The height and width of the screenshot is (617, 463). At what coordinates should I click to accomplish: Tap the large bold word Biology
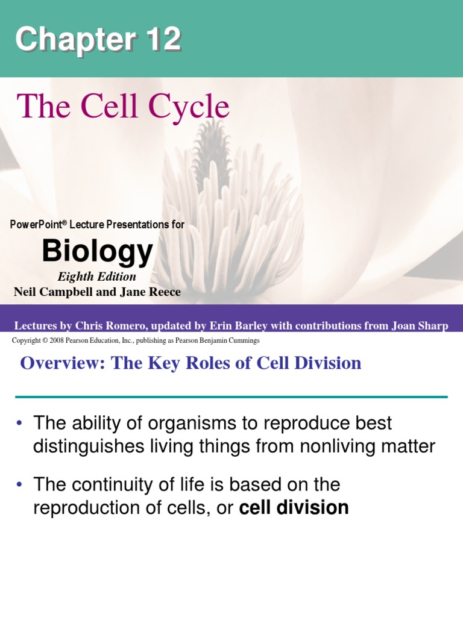coord(97,251)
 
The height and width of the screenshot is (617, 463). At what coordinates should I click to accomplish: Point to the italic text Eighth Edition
coord(96,277)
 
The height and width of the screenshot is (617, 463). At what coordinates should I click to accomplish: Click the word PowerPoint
coord(36,225)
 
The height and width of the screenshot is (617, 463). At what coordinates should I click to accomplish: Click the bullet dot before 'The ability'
coord(20,424)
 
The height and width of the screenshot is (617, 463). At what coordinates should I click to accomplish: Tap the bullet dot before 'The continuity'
coord(20,485)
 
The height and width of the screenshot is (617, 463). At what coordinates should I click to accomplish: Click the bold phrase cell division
coord(294,508)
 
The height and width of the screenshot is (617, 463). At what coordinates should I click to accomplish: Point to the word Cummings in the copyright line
coord(242,340)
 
